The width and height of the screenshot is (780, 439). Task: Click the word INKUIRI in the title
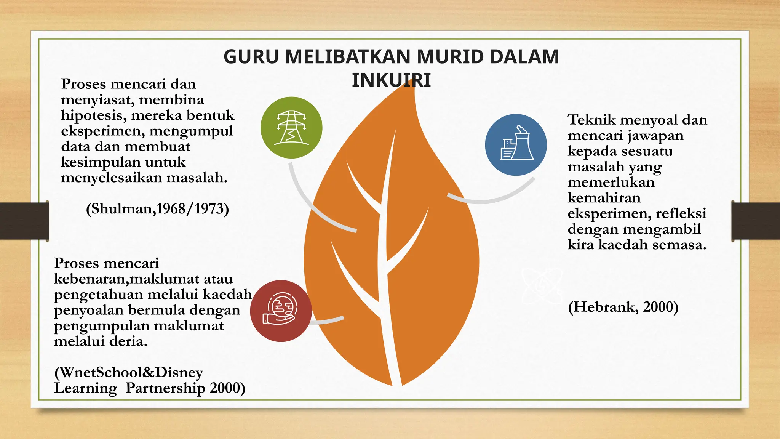click(391, 80)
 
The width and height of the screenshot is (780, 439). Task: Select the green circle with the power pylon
click(291, 128)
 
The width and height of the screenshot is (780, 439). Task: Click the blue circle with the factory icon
click(516, 145)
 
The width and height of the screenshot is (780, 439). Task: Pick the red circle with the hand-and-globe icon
click(281, 311)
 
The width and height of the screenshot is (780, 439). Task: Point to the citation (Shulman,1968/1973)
click(157, 209)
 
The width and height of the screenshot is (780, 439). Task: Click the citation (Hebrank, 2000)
click(623, 307)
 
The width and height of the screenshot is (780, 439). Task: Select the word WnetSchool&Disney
click(129, 372)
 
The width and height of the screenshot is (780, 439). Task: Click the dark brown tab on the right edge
click(756, 221)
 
